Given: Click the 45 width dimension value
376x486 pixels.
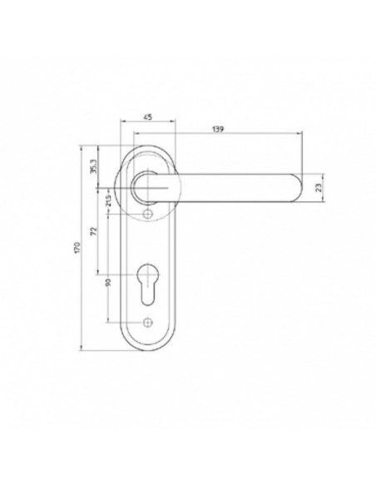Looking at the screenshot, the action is (x=148, y=117).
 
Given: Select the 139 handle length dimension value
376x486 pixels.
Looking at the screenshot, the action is (x=218, y=129).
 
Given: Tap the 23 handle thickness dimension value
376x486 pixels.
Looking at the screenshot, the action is (x=319, y=187).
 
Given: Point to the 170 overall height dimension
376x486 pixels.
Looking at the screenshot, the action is (x=77, y=248).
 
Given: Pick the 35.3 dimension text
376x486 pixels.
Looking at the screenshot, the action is (x=94, y=166).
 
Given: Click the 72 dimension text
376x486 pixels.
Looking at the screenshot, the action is (x=95, y=231).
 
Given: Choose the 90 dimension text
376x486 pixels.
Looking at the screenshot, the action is (x=108, y=282).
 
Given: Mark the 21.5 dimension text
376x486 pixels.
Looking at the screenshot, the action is (x=108, y=201).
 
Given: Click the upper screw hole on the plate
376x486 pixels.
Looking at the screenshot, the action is (x=148, y=214).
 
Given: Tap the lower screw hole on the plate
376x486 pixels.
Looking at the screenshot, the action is (x=148, y=323).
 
